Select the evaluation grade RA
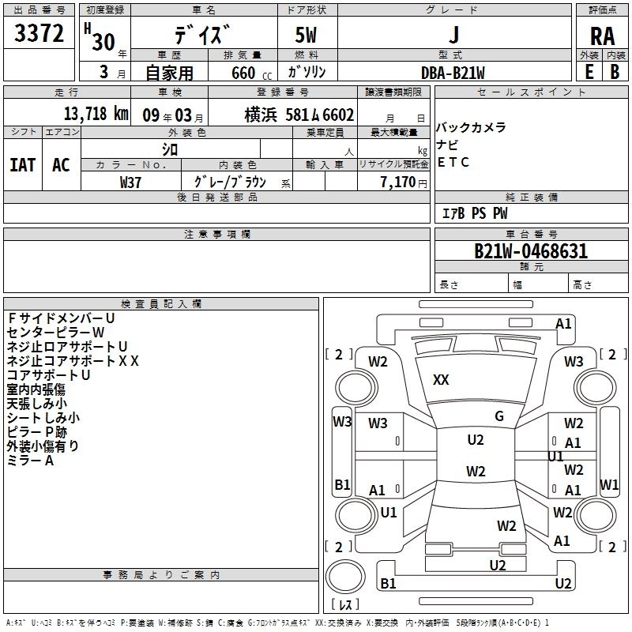click(602, 36)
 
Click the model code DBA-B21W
click(453, 73)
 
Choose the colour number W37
click(131, 182)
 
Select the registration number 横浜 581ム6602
click(299, 113)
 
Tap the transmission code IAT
click(22, 165)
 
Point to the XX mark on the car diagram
click(441, 380)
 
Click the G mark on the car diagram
click(499, 416)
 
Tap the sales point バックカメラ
click(471, 128)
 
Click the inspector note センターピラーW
click(55, 333)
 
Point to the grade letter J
click(453, 36)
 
